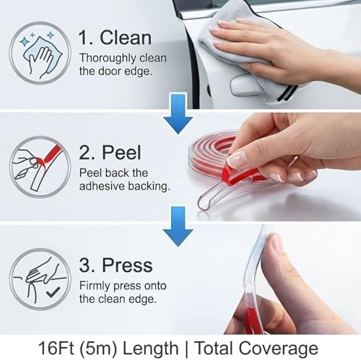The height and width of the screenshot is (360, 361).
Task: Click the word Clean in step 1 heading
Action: pos(126,38)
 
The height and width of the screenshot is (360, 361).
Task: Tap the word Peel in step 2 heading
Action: pos(121,153)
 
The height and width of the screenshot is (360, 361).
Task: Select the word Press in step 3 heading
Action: pos(127,265)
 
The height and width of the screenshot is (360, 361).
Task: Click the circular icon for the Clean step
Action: pos(40,53)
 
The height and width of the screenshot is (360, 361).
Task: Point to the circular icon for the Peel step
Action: pos(40,167)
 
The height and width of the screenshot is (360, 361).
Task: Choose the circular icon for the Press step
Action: pos(40,279)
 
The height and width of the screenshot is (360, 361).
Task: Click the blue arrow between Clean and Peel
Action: pos(178,113)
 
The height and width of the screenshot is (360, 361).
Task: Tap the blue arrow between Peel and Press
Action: pos(178,226)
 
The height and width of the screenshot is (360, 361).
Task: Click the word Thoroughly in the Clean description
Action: pos(108,59)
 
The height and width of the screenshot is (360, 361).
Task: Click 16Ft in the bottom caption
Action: pos(56,348)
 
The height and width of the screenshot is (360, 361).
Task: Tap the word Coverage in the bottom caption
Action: pos(279,348)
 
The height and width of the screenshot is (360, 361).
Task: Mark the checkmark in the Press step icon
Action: pos(53,292)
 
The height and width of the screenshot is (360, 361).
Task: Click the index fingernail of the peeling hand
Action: pos(237,158)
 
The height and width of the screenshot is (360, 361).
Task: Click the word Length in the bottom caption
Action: pos(151,348)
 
